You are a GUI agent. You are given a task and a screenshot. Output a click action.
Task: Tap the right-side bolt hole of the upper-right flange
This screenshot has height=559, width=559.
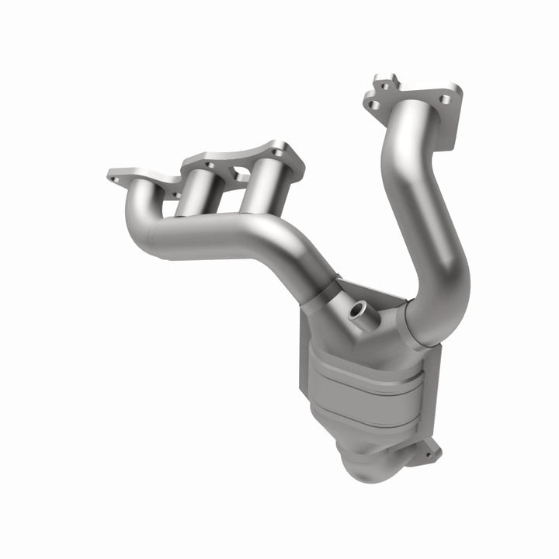pos(445,99)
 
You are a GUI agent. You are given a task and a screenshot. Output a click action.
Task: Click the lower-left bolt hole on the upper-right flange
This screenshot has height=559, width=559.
pos(373,104)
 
